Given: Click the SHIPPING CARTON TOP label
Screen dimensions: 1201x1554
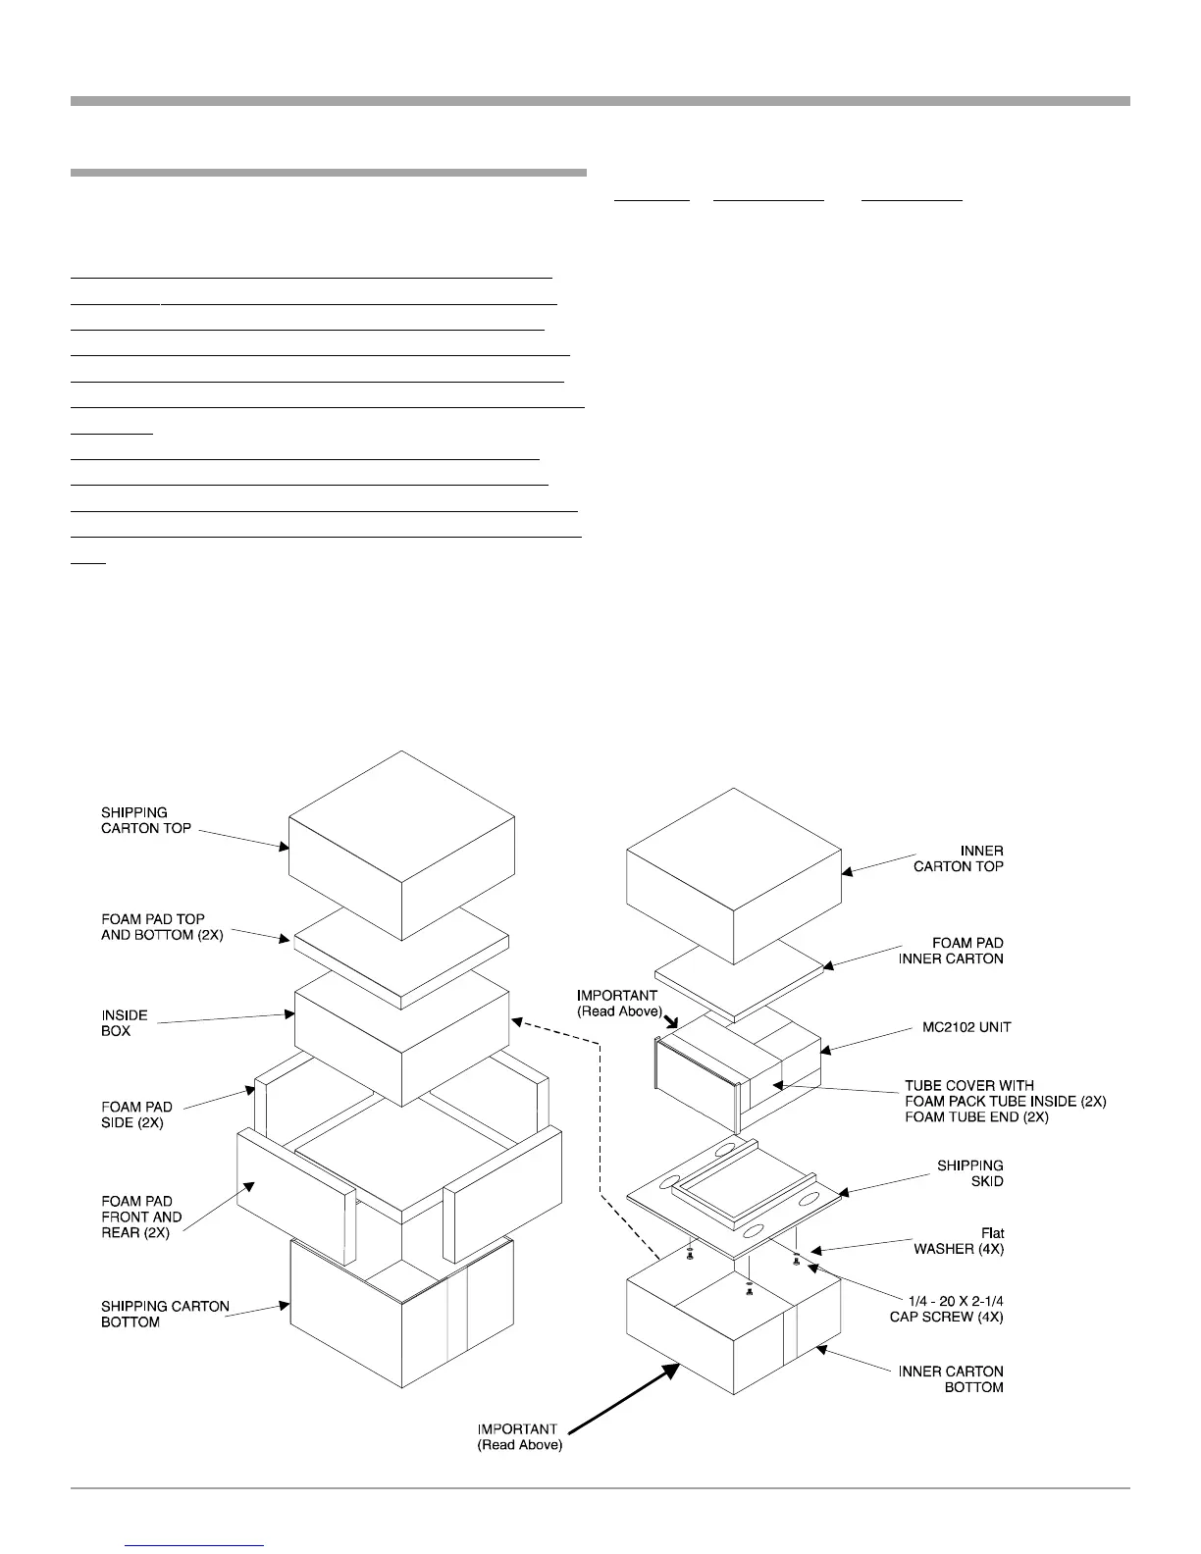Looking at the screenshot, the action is [146, 820].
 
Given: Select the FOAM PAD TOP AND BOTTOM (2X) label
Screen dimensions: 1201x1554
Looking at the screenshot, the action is [162, 927].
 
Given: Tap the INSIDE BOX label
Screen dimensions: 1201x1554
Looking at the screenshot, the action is [125, 1023].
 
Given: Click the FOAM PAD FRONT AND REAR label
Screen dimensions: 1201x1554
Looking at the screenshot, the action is [141, 1217].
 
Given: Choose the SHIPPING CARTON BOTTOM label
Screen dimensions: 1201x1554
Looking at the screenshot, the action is [165, 1314].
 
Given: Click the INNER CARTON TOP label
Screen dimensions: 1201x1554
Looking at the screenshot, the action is [958, 858].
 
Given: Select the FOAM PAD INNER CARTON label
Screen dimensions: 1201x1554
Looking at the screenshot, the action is [950, 951].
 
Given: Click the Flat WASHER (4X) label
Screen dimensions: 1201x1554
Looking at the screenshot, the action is [959, 1241].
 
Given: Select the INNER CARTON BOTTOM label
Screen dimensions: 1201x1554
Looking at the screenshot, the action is [951, 1378].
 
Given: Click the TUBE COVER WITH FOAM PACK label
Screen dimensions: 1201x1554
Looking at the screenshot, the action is [1004, 1101].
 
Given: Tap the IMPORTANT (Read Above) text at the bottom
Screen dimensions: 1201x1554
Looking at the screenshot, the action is [519, 1437].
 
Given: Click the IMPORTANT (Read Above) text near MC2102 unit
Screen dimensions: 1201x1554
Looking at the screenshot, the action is [619, 1003].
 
